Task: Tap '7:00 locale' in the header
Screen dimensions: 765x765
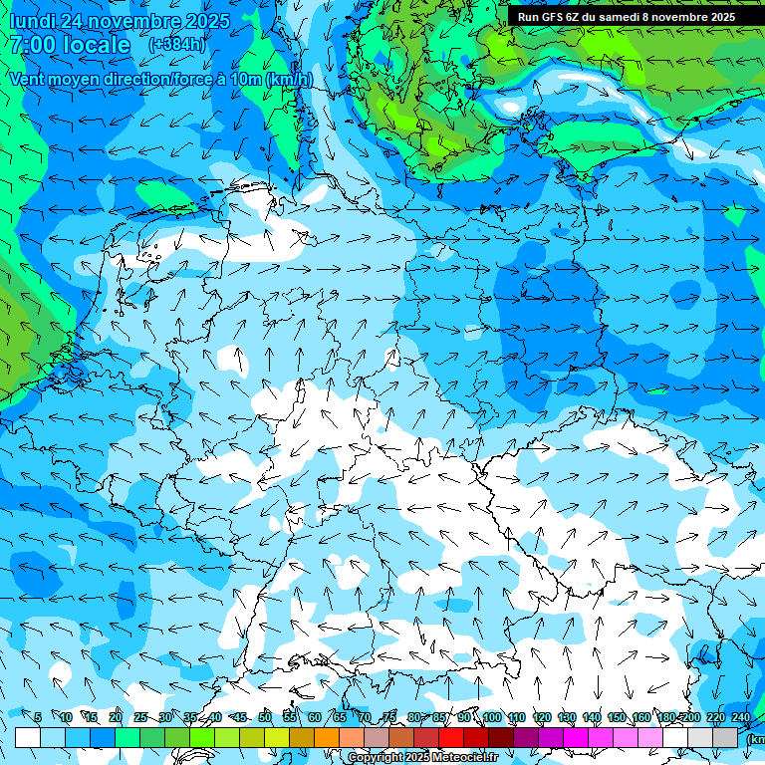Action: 70,45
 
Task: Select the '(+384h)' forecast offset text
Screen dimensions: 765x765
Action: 177,45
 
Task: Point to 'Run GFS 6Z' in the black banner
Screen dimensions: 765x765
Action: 548,17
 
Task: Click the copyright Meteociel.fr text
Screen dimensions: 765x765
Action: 424,757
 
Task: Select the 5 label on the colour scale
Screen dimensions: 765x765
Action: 38,717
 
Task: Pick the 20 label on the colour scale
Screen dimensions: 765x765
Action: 116,717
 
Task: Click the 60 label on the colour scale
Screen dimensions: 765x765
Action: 314,717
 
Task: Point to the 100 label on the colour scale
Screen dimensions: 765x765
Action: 491,717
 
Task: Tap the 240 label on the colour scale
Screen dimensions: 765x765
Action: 740,717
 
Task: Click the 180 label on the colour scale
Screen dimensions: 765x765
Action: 665,717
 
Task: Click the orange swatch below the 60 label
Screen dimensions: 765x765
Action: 327,737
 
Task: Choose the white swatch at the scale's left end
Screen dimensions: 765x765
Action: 28,737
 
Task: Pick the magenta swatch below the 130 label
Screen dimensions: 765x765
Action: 576,737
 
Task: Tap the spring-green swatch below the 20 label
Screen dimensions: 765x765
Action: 127,737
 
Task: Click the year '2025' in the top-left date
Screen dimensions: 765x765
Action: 202,21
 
